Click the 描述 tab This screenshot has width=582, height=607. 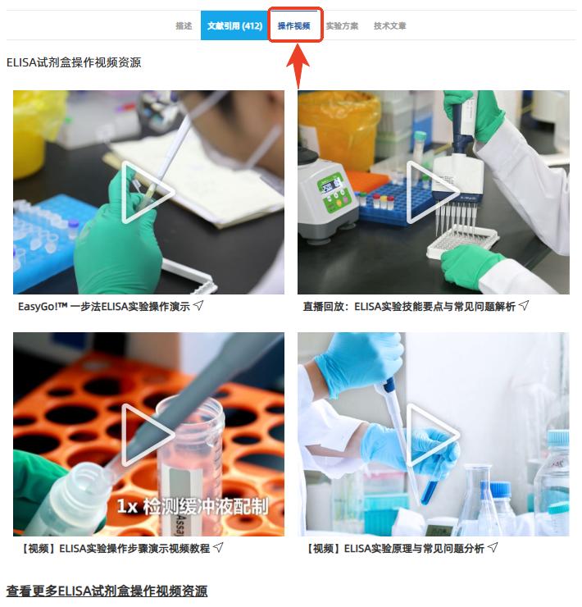coord(184,26)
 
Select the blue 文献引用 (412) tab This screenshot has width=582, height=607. coord(234,25)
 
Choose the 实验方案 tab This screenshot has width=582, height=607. coord(342,26)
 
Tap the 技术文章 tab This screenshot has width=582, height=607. coord(389,26)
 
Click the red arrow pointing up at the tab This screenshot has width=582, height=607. coord(298,66)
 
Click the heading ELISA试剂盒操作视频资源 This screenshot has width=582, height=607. coord(74,62)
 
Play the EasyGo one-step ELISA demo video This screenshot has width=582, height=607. coord(148,193)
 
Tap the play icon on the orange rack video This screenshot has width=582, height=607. coord(148,435)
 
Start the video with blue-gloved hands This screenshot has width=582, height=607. coord(432,435)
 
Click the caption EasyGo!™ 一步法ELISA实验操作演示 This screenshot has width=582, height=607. coord(104,307)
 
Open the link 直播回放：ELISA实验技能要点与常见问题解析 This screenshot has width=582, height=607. coord(409,307)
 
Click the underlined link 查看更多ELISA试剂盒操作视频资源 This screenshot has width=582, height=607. coord(107,591)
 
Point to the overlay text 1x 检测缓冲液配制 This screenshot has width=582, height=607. coord(193,506)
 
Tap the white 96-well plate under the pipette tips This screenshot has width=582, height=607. coord(462,242)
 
